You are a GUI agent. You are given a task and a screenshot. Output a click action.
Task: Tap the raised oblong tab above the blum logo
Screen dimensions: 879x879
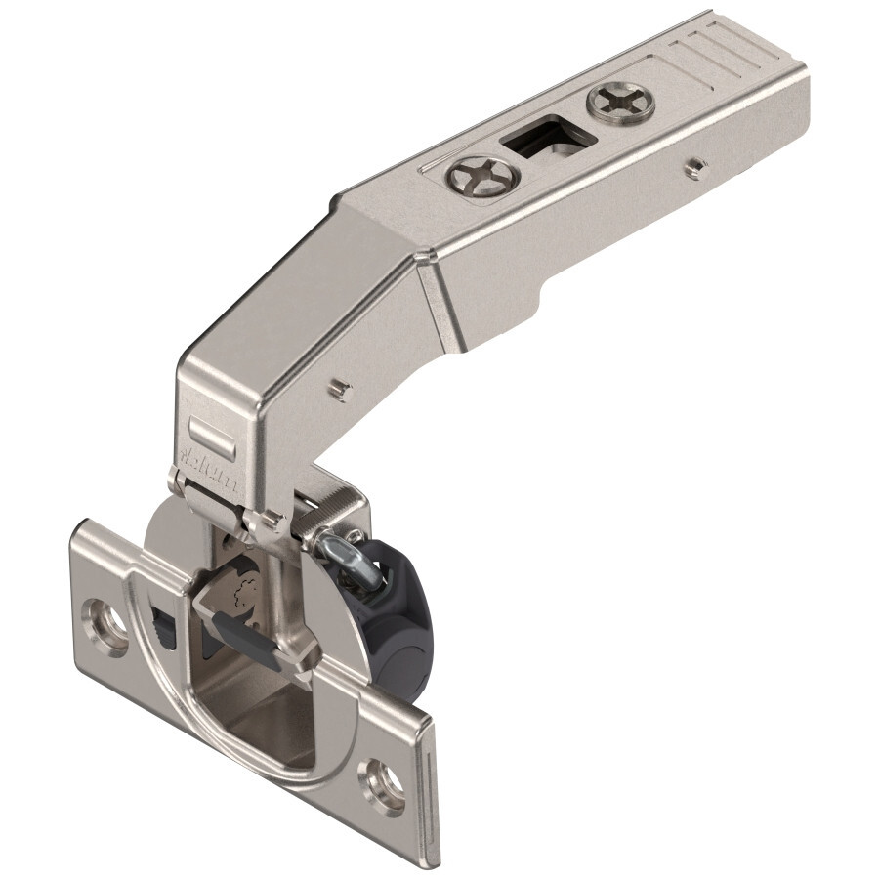(209, 430)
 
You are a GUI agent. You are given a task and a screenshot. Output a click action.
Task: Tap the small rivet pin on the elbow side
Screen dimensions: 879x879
(336, 389)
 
